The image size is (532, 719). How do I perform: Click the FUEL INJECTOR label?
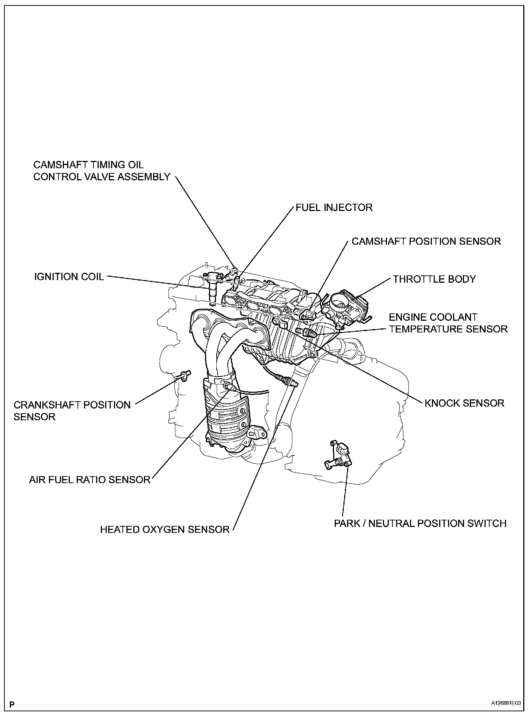(x=334, y=208)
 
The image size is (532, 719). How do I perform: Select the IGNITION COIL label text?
(x=69, y=276)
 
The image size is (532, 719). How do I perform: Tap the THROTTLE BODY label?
(x=434, y=279)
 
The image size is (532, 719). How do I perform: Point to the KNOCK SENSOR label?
(x=464, y=403)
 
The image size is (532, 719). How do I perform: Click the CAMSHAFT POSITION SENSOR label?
(x=426, y=241)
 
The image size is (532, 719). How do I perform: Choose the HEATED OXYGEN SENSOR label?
(x=165, y=529)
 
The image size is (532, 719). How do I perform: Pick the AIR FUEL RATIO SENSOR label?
(x=90, y=479)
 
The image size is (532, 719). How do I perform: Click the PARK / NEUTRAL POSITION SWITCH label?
(x=420, y=523)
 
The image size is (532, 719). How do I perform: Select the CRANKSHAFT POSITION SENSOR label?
(x=72, y=411)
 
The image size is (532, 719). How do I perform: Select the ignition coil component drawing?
(x=212, y=287)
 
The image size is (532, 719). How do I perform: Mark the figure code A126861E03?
(x=506, y=703)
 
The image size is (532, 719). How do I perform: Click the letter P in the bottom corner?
(x=12, y=704)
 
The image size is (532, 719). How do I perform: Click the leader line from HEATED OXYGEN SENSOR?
(x=263, y=457)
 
